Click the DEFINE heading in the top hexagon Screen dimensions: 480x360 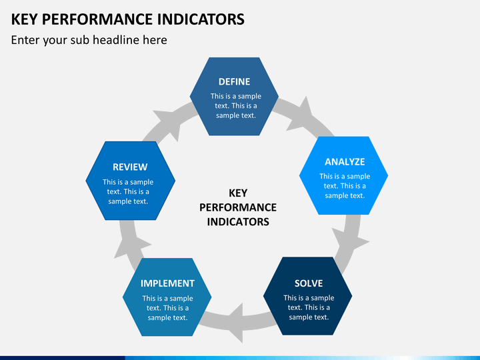click(x=234, y=82)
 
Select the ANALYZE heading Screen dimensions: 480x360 click(x=345, y=161)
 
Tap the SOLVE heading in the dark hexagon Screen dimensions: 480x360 click(x=309, y=283)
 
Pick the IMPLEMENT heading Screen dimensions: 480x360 click(x=167, y=283)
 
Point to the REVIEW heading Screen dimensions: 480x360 click(x=130, y=167)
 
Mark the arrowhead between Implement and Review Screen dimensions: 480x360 click(x=131, y=247)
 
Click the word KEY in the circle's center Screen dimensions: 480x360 click(x=238, y=193)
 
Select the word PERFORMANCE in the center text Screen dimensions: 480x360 click(x=238, y=207)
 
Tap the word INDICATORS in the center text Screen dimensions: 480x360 click(x=238, y=221)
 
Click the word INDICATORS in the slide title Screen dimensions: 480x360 click(x=201, y=19)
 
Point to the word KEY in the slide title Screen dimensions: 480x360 click(x=24, y=19)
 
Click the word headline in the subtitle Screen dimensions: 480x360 click(x=116, y=40)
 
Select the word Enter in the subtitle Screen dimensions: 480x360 click(x=25, y=40)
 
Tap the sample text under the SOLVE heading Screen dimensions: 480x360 click(x=309, y=307)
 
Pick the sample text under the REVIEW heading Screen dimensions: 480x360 click(x=128, y=191)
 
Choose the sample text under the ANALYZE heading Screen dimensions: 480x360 click(x=345, y=186)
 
